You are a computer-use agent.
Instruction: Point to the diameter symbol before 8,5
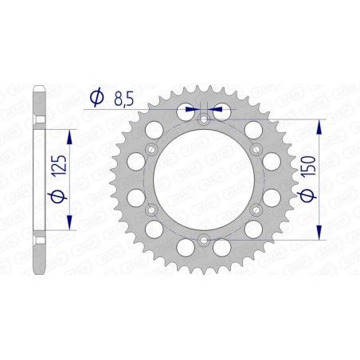[x=96, y=97]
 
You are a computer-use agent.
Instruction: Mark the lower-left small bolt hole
[x=151, y=210]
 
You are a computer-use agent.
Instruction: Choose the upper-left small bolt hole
[x=151, y=149]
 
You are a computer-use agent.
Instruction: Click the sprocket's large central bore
[x=202, y=179]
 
